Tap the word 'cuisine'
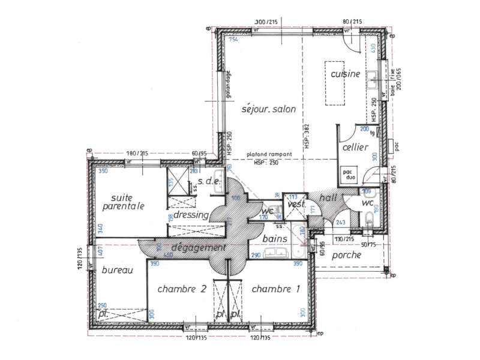pos(345,74)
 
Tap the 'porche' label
pos(346,255)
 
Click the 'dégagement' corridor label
pos(198,247)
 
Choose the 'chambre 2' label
pos(182,289)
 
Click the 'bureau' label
pos(116,271)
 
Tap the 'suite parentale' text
pos(123,202)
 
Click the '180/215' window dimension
pos(137,154)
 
